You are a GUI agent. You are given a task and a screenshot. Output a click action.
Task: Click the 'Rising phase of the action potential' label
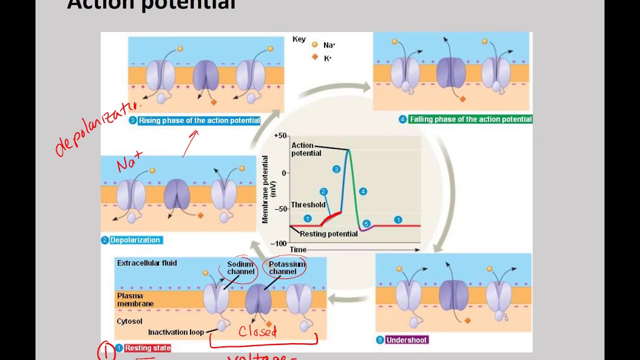[x=199, y=120]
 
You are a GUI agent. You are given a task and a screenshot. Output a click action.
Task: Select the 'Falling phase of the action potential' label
[x=470, y=119]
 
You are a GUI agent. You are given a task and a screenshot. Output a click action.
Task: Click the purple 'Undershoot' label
[x=406, y=340]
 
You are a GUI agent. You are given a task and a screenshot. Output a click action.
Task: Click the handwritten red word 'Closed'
[x=257, y=331]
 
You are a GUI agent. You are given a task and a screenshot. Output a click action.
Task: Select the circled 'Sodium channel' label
[x=240, y=268]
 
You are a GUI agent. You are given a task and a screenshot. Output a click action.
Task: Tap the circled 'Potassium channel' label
[x=286, y=268]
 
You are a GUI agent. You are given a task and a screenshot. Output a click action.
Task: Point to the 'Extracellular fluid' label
[x=147, y=263]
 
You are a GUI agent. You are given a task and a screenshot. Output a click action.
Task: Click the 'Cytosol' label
[x=129, y=321]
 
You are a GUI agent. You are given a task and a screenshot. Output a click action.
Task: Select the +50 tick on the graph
[x=280, y=136]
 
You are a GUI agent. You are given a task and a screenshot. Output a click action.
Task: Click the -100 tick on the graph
[x=278, y=243]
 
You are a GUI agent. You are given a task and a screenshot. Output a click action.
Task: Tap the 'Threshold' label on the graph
[x=308, y=204]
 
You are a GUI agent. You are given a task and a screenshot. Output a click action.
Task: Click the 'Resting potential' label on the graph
[x=328, y=234]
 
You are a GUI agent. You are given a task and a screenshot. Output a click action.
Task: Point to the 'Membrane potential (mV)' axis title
[x=268, y=189]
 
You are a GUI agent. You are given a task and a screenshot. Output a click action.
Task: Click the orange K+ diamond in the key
[x=315, y=57]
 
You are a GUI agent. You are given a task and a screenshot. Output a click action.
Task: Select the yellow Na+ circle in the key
[x=315, y=45]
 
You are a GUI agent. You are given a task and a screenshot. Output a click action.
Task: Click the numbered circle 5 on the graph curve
[x=366, y=224]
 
